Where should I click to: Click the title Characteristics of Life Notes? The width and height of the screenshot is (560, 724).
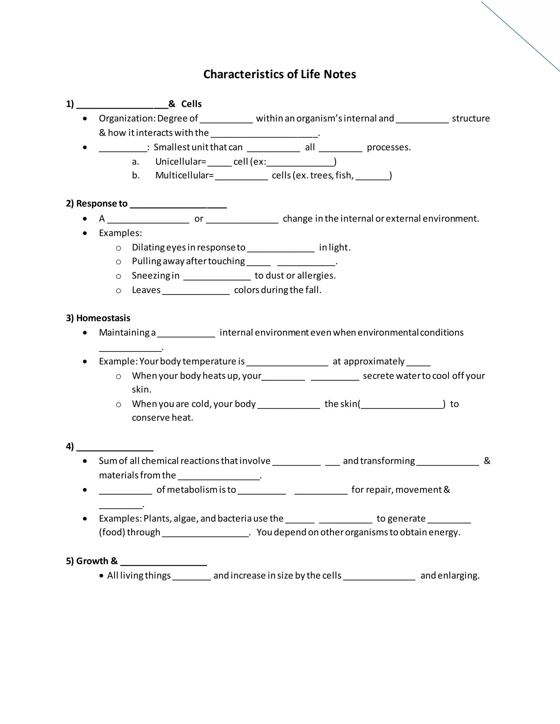coord(279,74)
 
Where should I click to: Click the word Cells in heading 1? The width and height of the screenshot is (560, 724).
coord(191,104)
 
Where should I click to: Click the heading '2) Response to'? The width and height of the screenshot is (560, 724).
coord(97,204)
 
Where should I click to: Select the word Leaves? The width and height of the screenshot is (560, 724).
coord(146,290)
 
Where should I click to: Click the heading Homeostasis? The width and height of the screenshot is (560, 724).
coord(103,318)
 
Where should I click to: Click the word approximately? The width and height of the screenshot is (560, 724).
coord(374,361)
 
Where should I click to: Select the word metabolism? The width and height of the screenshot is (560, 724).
coord(191,490)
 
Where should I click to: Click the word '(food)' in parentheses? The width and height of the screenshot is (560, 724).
coord(112,532)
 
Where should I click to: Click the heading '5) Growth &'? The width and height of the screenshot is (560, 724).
coord(92,561)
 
